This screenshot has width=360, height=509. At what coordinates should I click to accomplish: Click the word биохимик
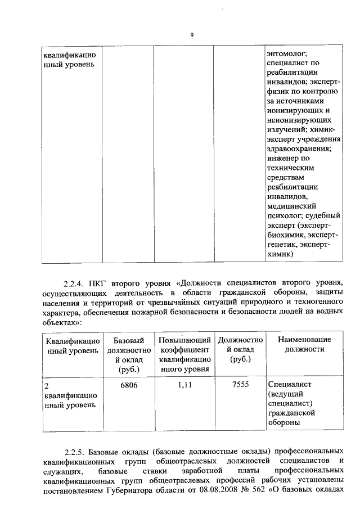tap(289, 235)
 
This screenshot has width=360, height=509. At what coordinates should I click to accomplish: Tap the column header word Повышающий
tap(184, 340)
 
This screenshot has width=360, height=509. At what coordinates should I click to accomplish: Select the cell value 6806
tap(129, 385)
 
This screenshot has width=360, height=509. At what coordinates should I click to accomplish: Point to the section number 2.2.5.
tap(75, 451)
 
